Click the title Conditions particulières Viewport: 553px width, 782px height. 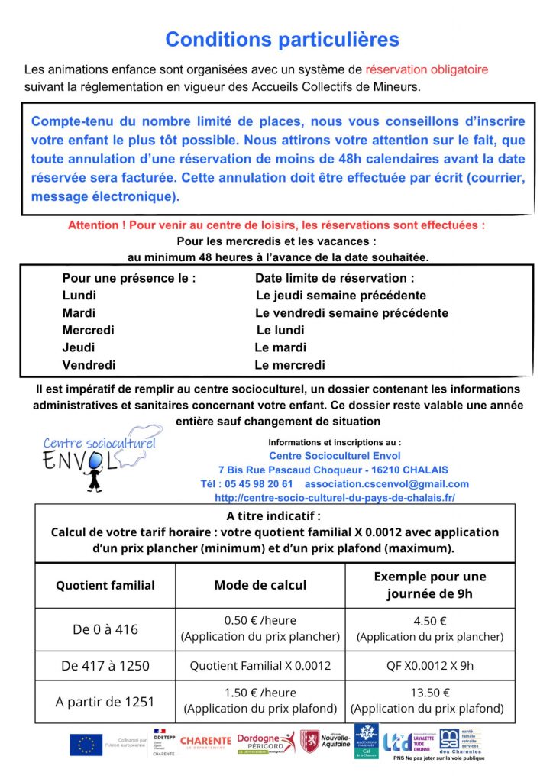click(x=282, y=39)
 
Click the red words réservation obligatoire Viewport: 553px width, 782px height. click(x=426, y=69)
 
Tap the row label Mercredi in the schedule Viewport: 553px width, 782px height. click(x=88, y=330)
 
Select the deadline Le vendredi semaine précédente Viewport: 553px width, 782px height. click(x=351, y=313)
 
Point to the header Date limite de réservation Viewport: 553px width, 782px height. click(x=335, y=279)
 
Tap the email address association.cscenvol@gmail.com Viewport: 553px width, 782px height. click(x=386, y=484)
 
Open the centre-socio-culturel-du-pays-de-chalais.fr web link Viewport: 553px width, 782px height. click(x=335, y=498)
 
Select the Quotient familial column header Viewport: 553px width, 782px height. click(x=105, y=586)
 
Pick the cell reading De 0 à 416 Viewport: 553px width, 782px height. click(x=105, y=630)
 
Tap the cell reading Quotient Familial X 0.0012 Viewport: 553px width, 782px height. click(x=260, y=665)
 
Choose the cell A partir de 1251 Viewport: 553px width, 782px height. click(x=105, y=702)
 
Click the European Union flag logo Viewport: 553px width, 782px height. click(x=86, y=744)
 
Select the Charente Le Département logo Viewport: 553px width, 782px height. click(x=205, y=742)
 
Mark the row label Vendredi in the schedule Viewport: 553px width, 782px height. click(x=89, y=365)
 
